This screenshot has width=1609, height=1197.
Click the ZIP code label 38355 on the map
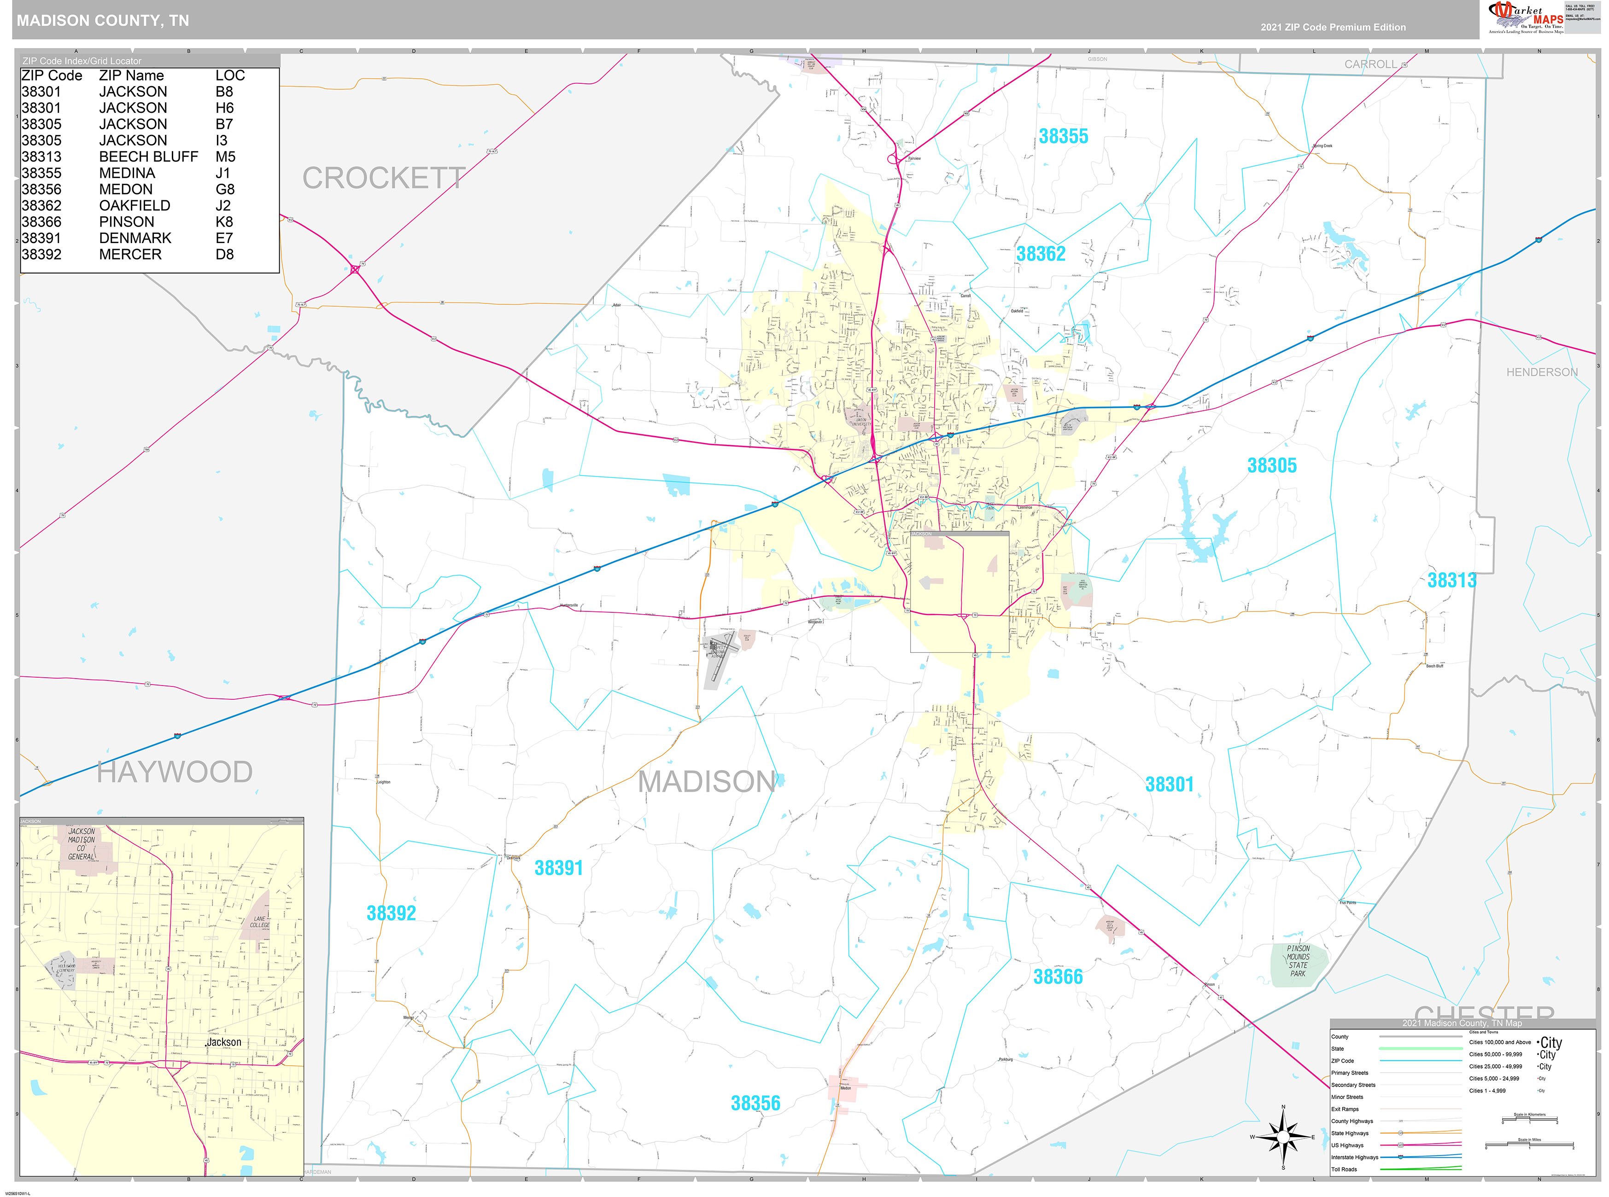point(1063,136)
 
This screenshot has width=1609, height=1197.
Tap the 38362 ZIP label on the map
point(1041,254)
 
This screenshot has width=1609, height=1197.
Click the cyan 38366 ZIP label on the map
point(1058,977)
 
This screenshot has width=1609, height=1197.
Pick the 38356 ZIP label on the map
point(755,1103)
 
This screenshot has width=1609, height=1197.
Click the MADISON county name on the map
point(707,782)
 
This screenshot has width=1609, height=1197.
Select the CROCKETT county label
point(383,178)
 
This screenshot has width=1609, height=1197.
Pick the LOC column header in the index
point(230,76)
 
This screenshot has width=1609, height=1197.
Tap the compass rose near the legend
point(1283,1137)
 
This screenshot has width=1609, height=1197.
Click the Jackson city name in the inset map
point(224,1042)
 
